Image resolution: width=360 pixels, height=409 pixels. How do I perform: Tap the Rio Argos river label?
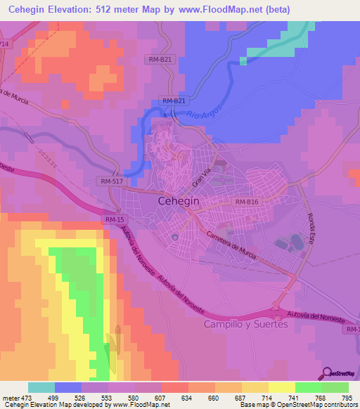click(206, 117)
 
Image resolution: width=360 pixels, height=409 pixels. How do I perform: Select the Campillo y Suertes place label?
click(245, 324)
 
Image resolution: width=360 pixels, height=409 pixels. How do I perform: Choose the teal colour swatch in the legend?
click(41, 387)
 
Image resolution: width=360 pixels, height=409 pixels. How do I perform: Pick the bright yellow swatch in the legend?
click(281, 387)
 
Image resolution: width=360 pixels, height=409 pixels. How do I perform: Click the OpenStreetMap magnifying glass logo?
click(329, 372)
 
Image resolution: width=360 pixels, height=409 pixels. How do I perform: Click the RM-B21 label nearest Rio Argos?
click(173, 101)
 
